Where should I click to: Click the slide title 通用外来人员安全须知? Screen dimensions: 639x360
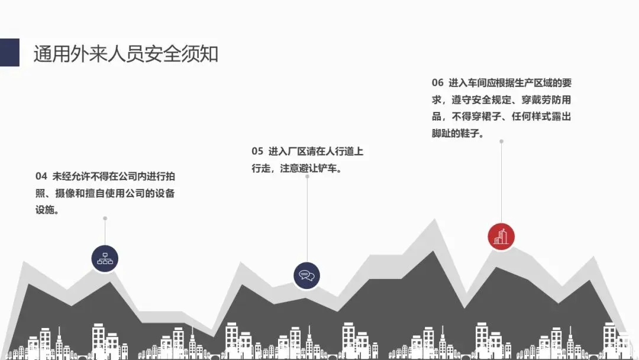coord(126,54)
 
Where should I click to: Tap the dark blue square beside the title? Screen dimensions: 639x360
coord(9,53)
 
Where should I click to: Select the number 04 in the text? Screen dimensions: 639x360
coord(41,176)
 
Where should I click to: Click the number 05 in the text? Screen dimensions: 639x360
coord(257,152)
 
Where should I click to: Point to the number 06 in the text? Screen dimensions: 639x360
coord(437,82)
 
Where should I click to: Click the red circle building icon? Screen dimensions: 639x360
coord(501,236)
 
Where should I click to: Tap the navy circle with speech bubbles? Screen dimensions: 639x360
coord(306,275)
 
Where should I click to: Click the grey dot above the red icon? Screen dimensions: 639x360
coord(501,142)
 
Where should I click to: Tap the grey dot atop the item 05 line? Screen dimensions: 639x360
coord(306,176)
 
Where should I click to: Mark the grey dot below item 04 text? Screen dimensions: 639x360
coord(105,218)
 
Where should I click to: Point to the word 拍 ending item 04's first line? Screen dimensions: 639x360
coord(170,176)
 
